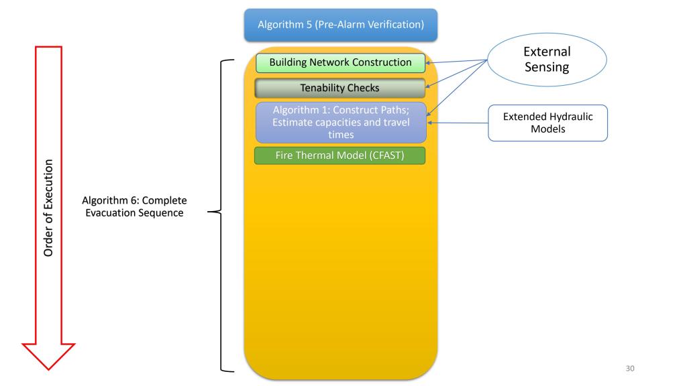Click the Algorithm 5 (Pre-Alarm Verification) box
pyautogui.click(x=340, y=25)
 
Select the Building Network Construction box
pyautogui.click(x=340, y=63)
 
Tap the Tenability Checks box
pyautogui.click(x=340, y=88)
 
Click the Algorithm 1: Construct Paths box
pyautogui.click(x=340, y=122)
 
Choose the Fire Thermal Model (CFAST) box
pyautogui.click(x=340, y=156)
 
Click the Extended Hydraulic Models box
pyautogui.click(x=547, y=123)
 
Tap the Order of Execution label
pyautogui.click(x=49, y=208)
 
